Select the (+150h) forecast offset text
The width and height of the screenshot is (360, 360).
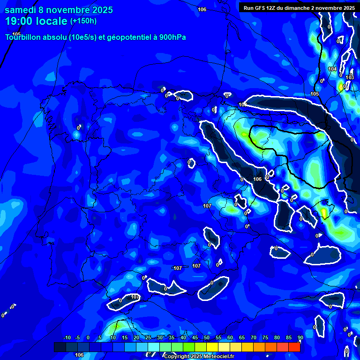(x=83, y=21)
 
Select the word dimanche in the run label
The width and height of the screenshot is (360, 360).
(x=300, y=8)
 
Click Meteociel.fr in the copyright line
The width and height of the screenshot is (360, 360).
(x=219, y=357)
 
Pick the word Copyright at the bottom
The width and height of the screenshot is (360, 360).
(x=177, y=357)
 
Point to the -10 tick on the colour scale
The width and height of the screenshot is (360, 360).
(x=67, y=338)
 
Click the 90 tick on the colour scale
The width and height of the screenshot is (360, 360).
(x=300, y=338)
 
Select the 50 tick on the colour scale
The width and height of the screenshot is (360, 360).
(x=207, y=338)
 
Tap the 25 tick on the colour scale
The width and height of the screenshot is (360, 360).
(x=148, y=338)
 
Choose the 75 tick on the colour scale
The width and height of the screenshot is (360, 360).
(x=265, y=338)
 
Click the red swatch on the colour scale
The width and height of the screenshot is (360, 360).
(x=294, y=347)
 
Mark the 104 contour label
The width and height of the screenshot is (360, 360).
(x=332, y=69)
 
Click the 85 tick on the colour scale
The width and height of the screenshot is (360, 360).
(x=289, y=338)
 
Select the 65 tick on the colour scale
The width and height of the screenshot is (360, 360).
(x=242, y=338)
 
